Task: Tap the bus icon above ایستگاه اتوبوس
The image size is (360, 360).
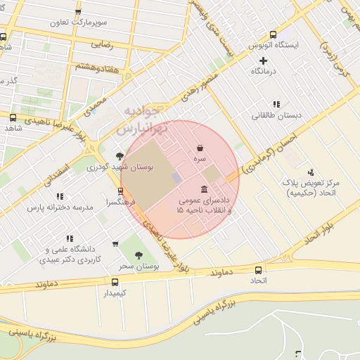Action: pyautogui.click(x=273, y=34)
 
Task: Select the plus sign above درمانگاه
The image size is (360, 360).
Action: pyautogui.click(x=263, y=60)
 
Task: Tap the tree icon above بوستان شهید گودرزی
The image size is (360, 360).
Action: pyautogui.click(x=120, y=155)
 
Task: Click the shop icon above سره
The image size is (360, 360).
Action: pyautogui.click(x=201, y=148)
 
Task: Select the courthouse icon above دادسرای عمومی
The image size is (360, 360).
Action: pyautogui.click(x=204, y=190)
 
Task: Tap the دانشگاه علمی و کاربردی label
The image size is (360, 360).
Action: pyautogui.click(x=73, y=255)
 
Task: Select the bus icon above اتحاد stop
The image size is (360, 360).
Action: pyautogui.click(x=259, y=270)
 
